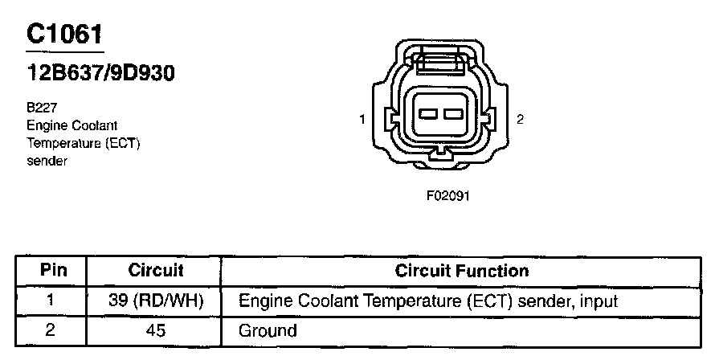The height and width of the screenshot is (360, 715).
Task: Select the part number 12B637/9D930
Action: point(100,74)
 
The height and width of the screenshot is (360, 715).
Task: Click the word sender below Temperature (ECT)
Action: point(45,160)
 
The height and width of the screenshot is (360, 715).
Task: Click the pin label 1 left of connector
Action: point(363,120)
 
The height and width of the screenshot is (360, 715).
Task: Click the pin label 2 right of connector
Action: point(520,119)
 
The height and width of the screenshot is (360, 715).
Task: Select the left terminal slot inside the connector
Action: point(428,114)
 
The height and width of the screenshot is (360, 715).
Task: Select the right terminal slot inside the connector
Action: point(453,114)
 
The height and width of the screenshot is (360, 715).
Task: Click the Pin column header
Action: point(53,271)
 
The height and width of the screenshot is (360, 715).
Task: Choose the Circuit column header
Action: point(156,271)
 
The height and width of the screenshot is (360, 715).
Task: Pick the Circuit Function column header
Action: point(461,271)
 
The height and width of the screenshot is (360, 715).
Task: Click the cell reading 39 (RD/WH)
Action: point(156,301)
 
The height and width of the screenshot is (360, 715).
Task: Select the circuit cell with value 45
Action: point(156,329)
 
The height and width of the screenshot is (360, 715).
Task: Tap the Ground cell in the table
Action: point(268,329)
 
